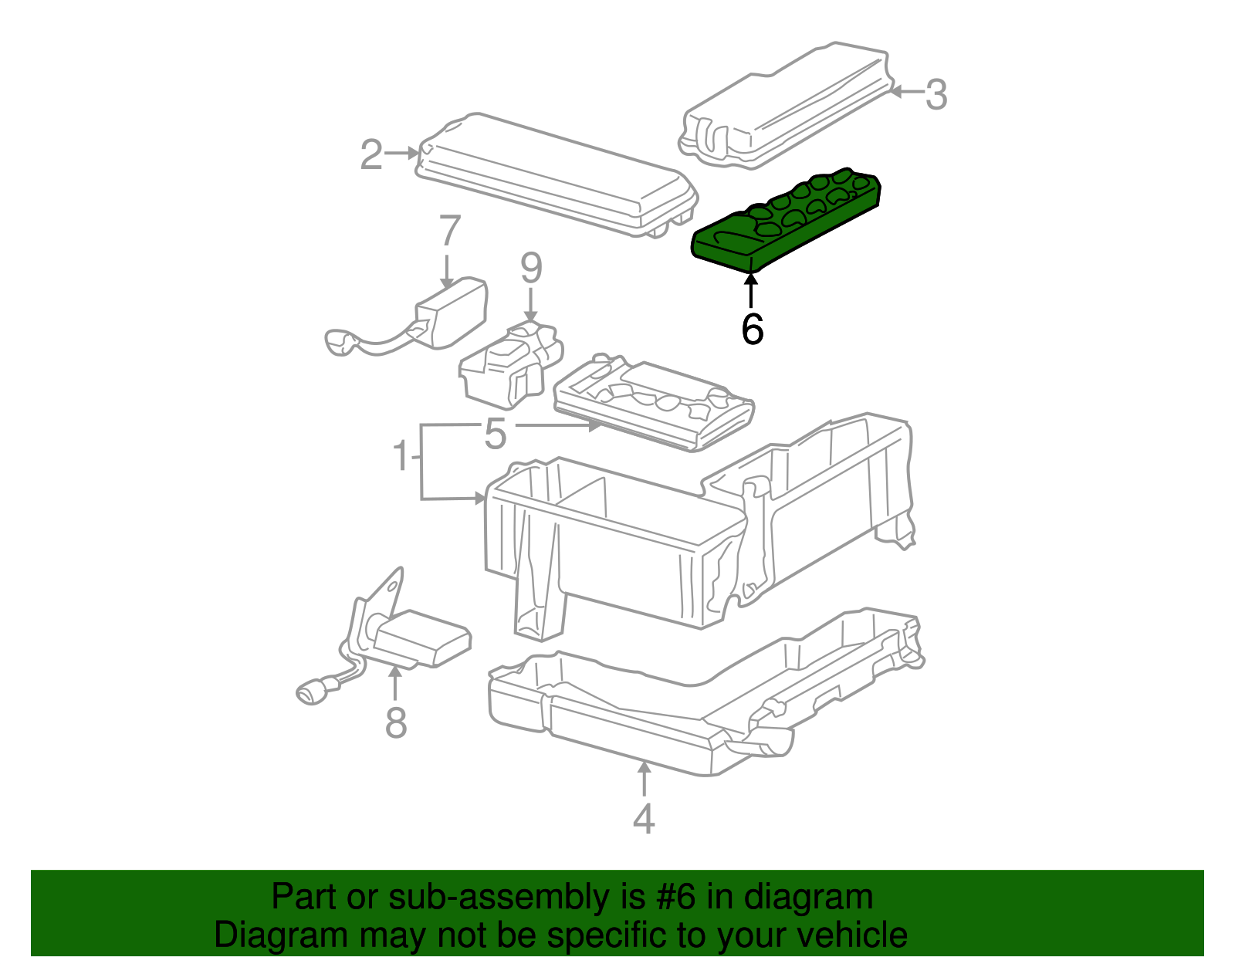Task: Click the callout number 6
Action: pos(752,330)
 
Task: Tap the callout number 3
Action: pos(936,94)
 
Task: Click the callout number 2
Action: pos(371,155)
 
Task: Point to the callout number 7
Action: pos(449,231)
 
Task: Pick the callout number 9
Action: pos(531,268)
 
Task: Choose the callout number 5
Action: pos(495,434)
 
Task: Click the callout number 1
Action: pos(401,455)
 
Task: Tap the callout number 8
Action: pos(395,723)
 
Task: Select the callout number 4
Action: pos(643,819)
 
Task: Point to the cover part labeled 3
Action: pos(787,108)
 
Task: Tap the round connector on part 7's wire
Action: pos(338,342)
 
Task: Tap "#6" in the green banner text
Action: pos(676,898)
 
